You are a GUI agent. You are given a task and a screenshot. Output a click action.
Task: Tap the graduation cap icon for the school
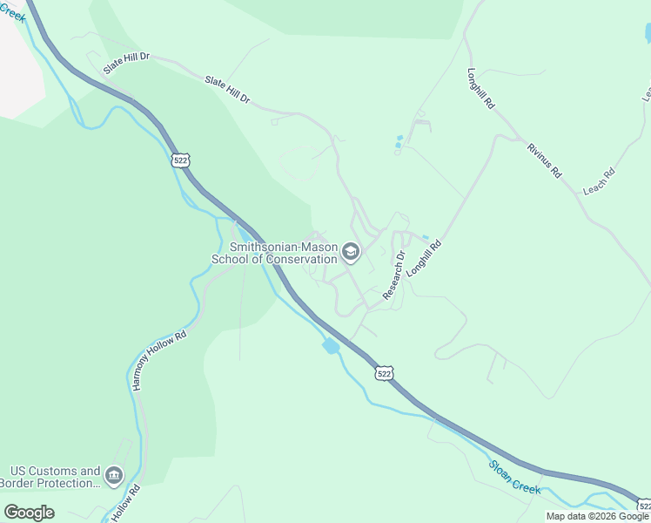pos(351,253)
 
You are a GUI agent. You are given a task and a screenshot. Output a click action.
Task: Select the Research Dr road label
pos(395,275)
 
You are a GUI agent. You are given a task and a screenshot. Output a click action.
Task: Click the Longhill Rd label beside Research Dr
pos(425,259)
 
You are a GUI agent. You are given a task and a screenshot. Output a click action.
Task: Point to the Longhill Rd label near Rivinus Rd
pos(480,88)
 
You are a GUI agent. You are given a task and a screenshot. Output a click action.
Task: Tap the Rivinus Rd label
pos(544,159)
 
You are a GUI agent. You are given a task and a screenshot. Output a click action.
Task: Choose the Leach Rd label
pos(599,181)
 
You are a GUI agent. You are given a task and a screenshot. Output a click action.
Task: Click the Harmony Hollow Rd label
pos(158,360)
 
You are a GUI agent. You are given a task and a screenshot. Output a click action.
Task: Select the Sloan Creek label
pos(514,478)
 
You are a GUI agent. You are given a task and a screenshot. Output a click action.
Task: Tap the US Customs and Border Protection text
pos(50,477)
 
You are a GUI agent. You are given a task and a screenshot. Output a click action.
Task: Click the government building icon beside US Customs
pos(114,476)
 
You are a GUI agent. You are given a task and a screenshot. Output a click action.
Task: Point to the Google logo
pos(28,513)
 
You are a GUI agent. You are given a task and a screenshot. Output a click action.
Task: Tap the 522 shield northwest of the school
pos(180,160)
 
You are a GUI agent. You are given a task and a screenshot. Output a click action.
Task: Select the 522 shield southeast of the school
pos(385,373)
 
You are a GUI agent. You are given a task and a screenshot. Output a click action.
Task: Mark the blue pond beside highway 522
pos(331,346)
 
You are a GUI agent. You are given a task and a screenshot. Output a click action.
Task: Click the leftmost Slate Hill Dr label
pos(127,63)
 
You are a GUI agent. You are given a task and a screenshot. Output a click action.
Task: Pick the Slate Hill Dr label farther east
pos(227,91)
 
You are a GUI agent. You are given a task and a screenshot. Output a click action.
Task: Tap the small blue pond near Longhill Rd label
pos(425,237)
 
